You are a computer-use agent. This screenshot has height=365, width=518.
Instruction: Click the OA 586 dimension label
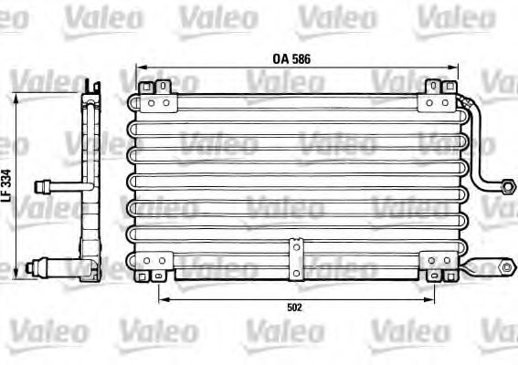(x=292, y=58)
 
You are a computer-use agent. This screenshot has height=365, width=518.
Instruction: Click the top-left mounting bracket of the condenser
(x=155, y=89)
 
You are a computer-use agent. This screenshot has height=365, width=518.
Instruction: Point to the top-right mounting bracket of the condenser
(x=437, y=89)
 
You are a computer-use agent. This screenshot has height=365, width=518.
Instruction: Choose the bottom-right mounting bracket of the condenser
(x=436, y=267)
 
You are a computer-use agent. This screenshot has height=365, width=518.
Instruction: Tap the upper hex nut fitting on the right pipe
(x=503, y=186)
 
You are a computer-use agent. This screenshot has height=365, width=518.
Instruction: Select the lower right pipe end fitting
(x=506, y=268)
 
